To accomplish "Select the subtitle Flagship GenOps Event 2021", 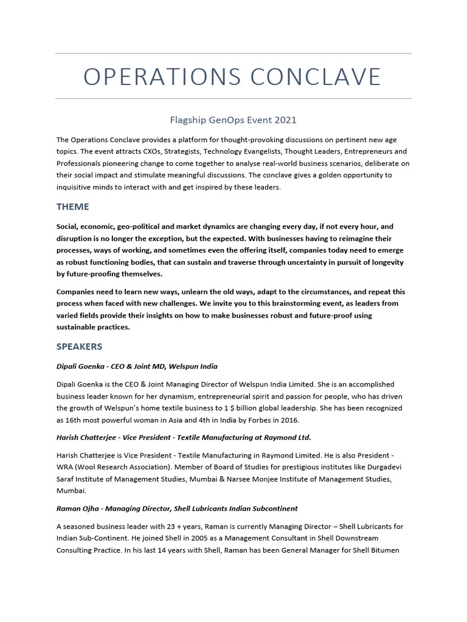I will tap(233, 120).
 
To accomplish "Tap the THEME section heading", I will tap(72, 207).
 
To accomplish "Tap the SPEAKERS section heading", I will tap(79, 347).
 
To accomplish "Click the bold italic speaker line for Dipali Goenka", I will tap(137, 366).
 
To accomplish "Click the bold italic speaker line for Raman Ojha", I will tap(177, 508).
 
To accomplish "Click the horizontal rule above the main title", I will tap(233, 53).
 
